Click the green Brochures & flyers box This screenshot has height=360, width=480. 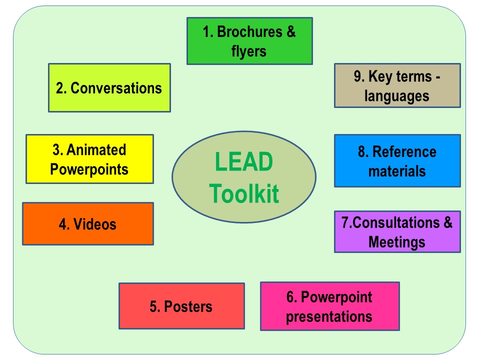249,41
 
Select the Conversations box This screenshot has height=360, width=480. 109,88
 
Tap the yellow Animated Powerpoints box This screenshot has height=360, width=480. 89,159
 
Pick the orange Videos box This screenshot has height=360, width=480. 88,224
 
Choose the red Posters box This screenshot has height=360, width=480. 181,306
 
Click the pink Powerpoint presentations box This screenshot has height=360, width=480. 329,306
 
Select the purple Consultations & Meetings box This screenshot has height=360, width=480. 397,231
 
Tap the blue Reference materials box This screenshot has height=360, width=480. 397,160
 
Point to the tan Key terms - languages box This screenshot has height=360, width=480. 397,85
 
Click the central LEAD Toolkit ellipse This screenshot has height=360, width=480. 244,177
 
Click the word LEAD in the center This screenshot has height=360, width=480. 244,161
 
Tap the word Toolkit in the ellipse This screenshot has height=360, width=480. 244,193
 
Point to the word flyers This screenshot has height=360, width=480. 249,51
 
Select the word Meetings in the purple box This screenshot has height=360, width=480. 396,242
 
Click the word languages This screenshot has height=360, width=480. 396,96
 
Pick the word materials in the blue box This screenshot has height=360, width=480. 397,171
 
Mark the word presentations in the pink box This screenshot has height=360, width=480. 329,317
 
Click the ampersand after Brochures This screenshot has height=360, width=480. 291,31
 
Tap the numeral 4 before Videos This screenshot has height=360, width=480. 62,224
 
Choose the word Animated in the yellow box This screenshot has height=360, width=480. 96,149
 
